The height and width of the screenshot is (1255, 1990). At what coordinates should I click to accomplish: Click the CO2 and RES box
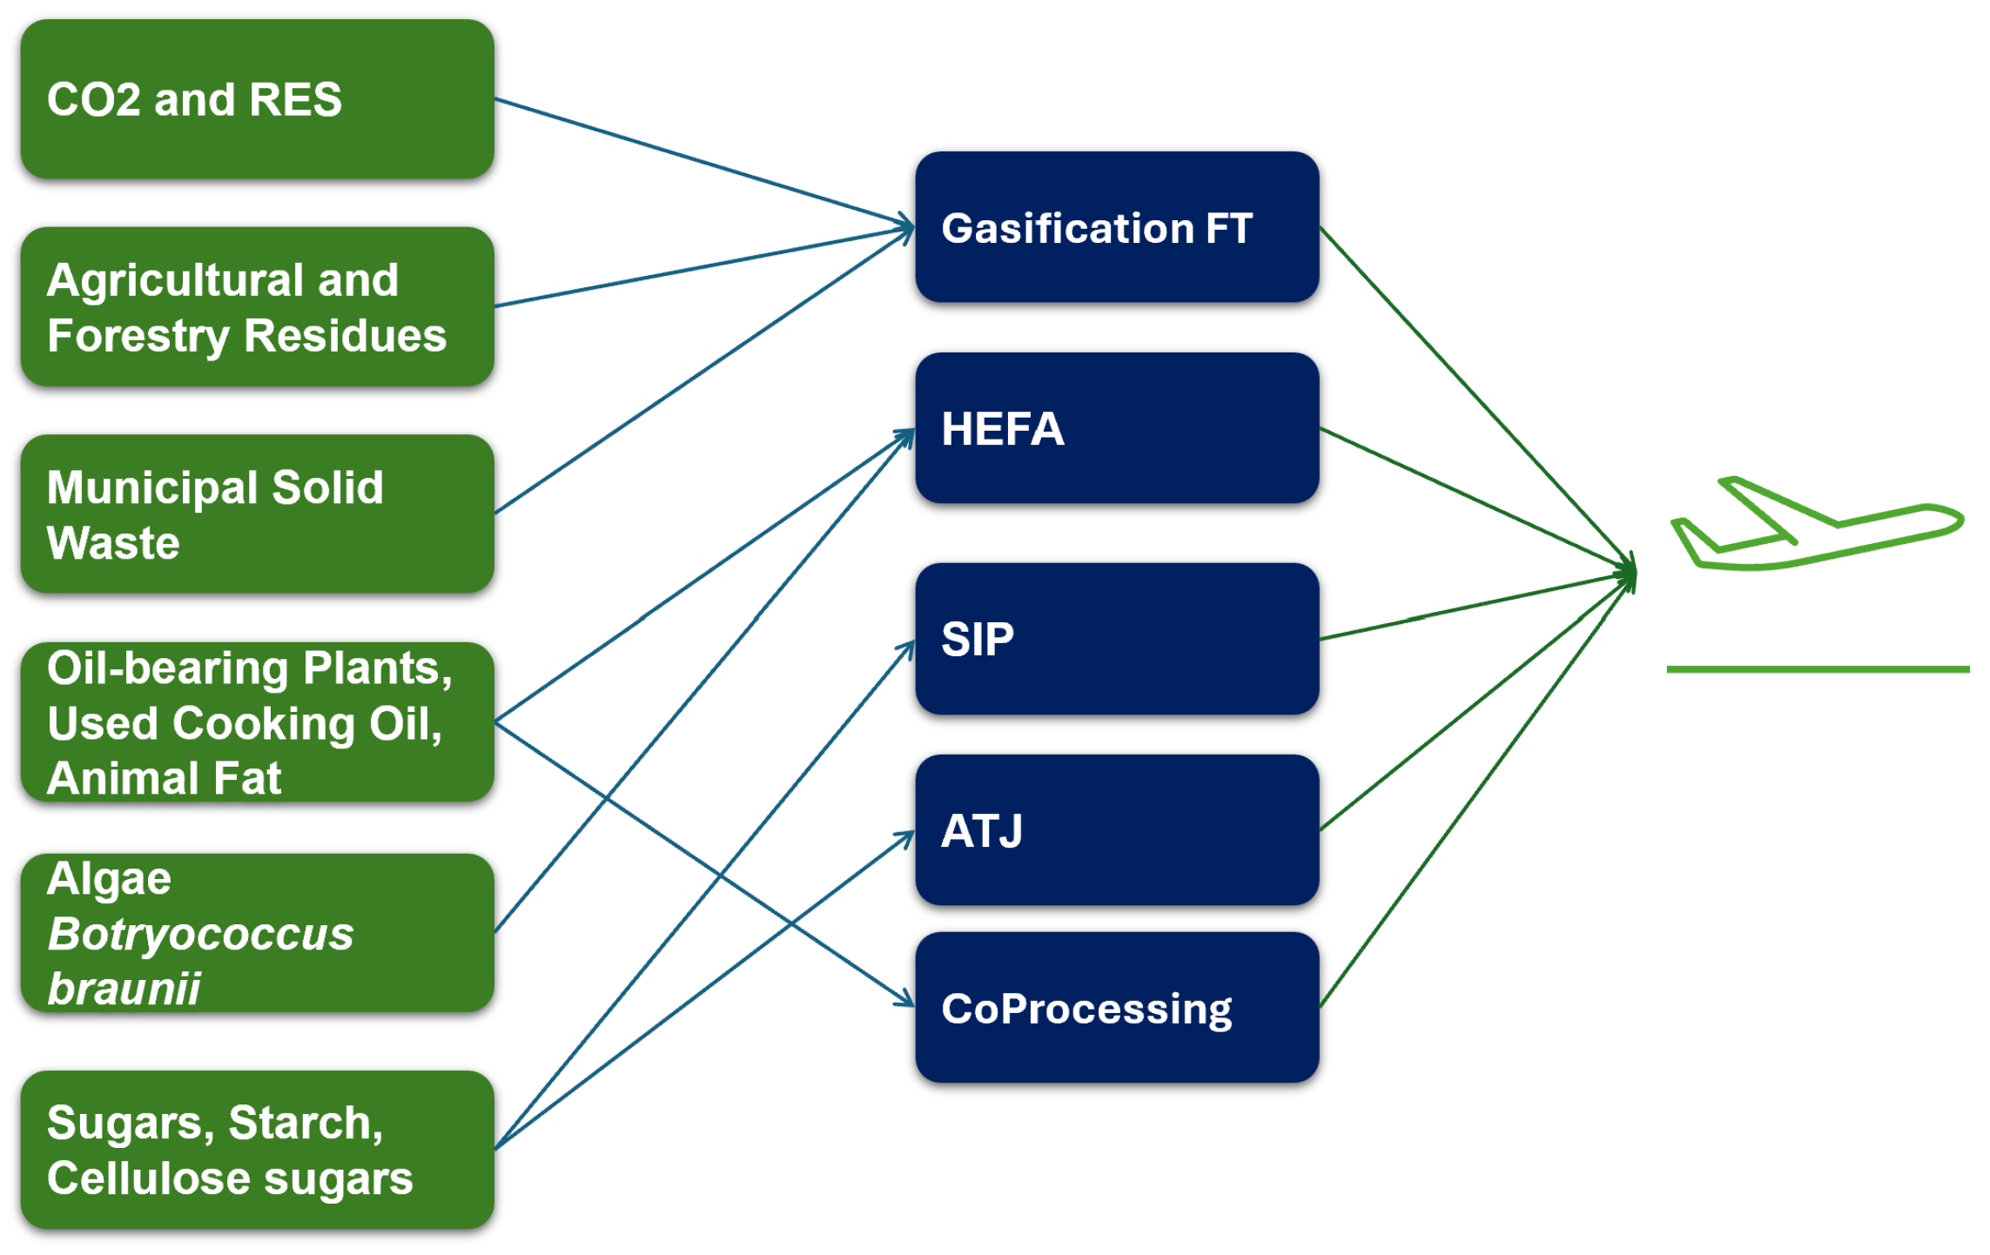pos(257,99)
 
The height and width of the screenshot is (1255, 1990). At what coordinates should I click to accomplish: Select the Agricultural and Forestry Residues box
pos(257,307)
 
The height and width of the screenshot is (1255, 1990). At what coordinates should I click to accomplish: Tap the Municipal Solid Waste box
pos(257,514)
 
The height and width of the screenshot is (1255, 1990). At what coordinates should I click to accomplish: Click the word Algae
pos(109,879)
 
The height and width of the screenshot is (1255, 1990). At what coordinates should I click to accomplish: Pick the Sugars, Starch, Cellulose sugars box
pos(257,1150)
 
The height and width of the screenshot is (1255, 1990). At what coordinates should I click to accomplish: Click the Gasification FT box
pos(1117,228)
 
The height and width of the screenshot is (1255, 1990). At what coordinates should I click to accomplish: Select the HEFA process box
pos(1117,428)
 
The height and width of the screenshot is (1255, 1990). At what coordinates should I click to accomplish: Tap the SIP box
pos(1117,639)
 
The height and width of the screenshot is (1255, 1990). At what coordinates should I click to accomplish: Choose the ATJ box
pos(1117,830)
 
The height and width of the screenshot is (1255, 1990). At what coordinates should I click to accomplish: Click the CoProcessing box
pos(1117,1008)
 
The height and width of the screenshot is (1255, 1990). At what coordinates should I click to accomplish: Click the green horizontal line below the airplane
pos(1817,669)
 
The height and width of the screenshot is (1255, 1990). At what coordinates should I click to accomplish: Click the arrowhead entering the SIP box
pos(907,649)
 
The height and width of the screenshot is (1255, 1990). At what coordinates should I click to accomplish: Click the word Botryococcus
pos(200,935)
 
